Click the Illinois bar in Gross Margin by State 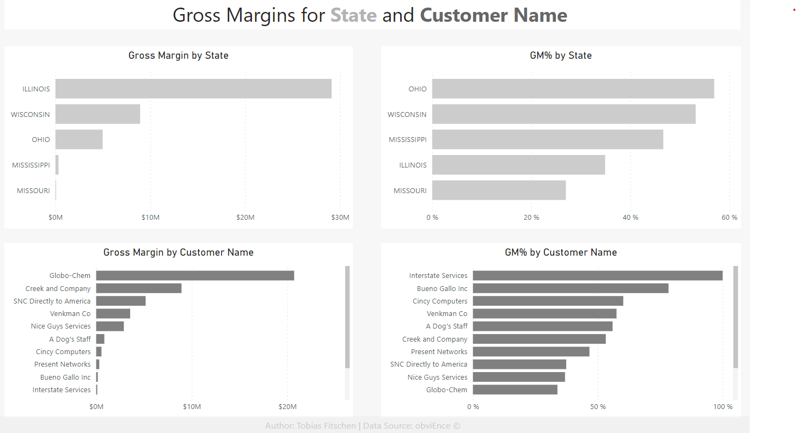pos(193,89)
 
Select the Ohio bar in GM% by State pos(573,89)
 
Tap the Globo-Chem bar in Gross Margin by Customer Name pos(195,275)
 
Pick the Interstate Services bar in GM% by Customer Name pos(597,275)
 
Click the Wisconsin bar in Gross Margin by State pos(97,114)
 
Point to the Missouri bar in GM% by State pos(499,190)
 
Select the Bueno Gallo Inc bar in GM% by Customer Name pos(570,288)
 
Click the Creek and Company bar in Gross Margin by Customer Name pos(139,288)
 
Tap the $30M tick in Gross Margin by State pos(340,218)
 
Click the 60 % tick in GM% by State pos(730,218)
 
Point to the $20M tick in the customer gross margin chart pos(287,407)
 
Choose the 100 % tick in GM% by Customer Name pos(722,407)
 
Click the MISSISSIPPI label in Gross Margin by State pos(31,165)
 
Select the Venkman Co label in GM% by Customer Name pos(447,314)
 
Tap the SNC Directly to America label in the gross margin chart pos(52,301)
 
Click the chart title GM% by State pos(561,55)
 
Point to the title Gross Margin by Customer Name pos(179,252)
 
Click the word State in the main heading pos(353,15)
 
